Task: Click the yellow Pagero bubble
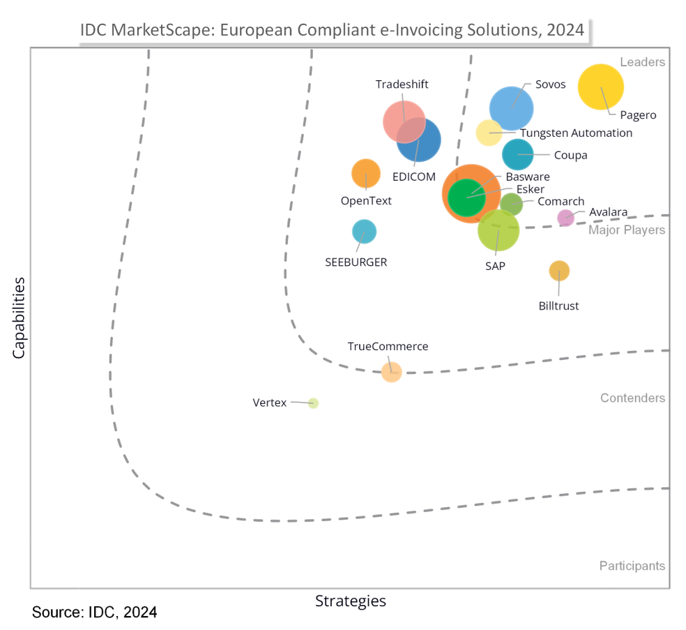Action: click(x=601, y=87)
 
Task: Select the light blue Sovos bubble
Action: click(x=511, y=108)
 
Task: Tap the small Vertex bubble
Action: click(x=313, y=403)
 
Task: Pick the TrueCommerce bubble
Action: click(x=391, y=371)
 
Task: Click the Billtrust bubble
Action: click(x=559, y=271)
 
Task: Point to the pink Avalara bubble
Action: click(x=565, y=218)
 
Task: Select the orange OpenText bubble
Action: click(x=365, y=174)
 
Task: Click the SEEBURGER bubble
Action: click(x=364, y=232)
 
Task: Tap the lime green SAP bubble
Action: click(x=498, y=230)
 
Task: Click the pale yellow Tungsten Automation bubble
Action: click(x=489, y=133)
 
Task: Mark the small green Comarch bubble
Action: click(x=511, y=204)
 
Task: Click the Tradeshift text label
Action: click(x=402, y=84)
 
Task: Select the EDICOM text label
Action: click(x=413, y=177)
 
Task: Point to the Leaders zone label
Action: click(x=642, y=62)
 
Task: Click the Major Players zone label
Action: click(x=627, y=230)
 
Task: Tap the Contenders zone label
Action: click(x=632, y=398)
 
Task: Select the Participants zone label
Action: click(x=632, y=566)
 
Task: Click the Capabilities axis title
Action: click(x=19, y=317)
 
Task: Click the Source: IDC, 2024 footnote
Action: click(x=94, y=613)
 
